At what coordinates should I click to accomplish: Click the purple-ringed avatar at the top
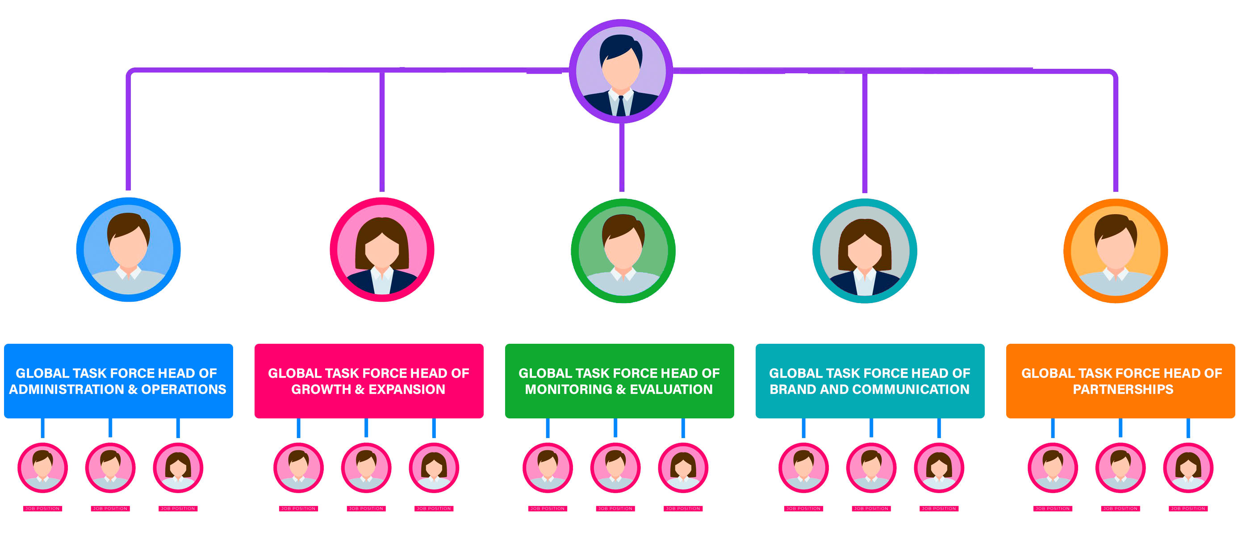coord(621,72)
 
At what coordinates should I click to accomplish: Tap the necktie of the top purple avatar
coord(621,106)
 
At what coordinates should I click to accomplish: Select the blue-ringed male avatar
coord(128,249)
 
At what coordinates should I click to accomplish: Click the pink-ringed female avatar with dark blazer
coord(382,249)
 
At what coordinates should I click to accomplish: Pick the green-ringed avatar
coord(623,251)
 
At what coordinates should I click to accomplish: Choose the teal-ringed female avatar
coord(865,251)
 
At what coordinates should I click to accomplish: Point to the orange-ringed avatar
coord(1116,251)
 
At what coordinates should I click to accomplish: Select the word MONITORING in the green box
coord(569,389)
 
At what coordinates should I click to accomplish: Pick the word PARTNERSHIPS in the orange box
coord(1123,389)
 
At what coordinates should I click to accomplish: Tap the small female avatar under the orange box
coord(1188,467)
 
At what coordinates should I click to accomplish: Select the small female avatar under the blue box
coord(178,467)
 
